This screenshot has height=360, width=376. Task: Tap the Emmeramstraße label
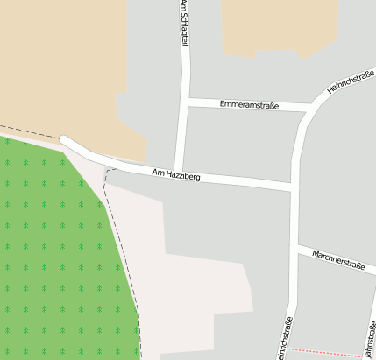[249, 105]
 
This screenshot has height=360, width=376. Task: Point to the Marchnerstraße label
[337, 261]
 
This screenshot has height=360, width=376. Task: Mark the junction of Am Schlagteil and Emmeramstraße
[186, 102]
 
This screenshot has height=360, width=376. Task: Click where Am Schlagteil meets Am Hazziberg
[178, 173]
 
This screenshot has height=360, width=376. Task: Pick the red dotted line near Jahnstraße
[324, 352]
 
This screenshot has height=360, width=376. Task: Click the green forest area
[53, 254]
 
